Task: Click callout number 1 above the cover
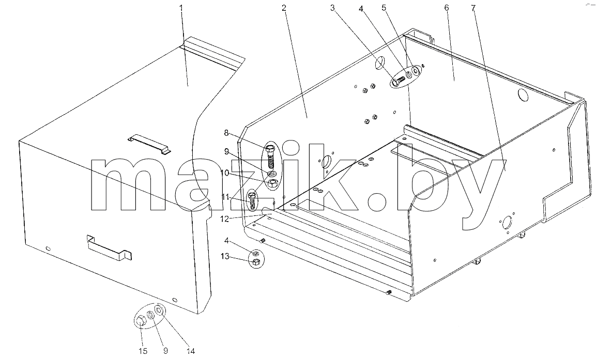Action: click(181, 8)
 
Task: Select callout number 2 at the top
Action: click(284, 8)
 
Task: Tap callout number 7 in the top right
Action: click(473, 8)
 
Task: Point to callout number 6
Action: click(446, 8)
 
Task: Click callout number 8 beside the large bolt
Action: click(226, 133)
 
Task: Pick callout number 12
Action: click(225, 218)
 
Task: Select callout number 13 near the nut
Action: click(225, 256)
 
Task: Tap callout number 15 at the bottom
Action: click(143, 351)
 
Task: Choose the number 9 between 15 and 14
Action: click(166, 351)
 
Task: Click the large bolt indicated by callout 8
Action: click(270, 156)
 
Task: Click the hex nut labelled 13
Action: click(256, 262)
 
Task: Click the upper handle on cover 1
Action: click(149, 144)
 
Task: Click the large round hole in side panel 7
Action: click(507, 222)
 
